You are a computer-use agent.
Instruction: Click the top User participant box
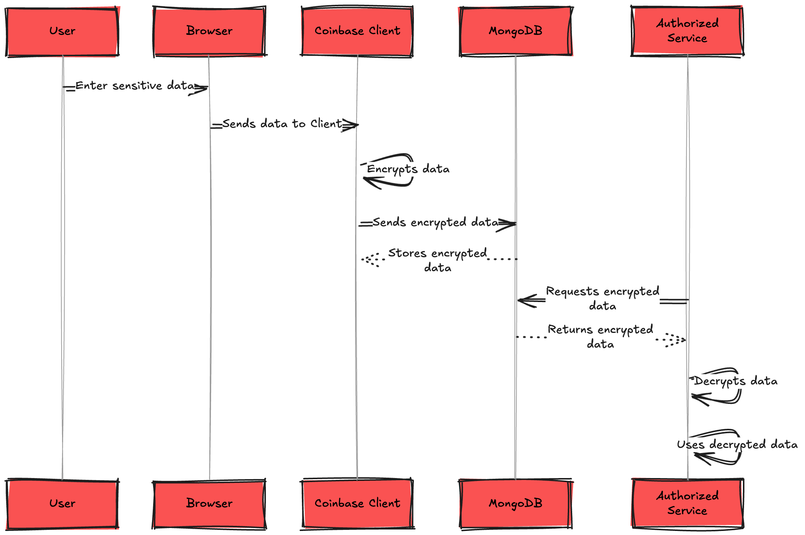coord(62,31)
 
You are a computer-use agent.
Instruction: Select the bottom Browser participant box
coord(209,503)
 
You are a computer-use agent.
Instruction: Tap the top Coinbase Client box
coord(357,31)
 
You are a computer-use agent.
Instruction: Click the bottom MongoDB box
coord(515,503)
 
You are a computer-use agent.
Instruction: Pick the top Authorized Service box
coord(687,31)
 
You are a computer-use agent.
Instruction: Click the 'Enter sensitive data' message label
coord(135,86)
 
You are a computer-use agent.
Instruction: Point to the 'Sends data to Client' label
coord(282,124)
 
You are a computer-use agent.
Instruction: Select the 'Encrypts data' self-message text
coord(408,169)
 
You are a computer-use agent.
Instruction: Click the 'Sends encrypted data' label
coord(435,222)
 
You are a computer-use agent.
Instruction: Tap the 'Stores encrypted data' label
coord(437,260)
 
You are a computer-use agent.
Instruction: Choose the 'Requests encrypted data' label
coord(602,298)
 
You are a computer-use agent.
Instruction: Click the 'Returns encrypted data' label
coord(600,336)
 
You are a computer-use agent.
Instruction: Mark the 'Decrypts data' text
coord(736,381)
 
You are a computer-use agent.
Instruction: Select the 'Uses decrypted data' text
coord(737,445)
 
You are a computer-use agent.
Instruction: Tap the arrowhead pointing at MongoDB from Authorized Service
coord(525,301)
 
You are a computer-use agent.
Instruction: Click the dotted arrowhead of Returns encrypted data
coord(678,340)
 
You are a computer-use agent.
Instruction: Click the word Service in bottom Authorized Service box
coord(687,511)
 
